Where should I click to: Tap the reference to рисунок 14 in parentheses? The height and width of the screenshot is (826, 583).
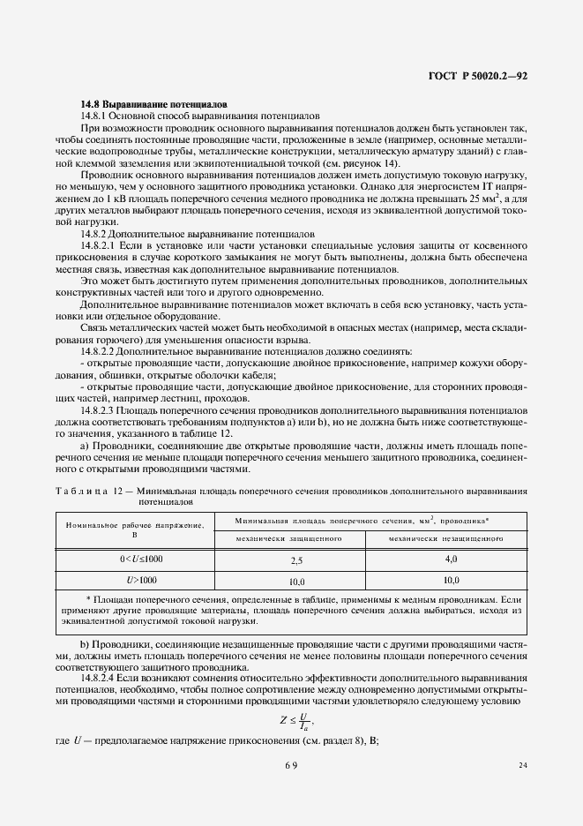(x=376, y=164)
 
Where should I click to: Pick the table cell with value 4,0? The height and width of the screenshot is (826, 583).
(x=451, y=559)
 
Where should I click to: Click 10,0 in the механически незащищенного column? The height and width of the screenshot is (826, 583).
(x=451, y=581)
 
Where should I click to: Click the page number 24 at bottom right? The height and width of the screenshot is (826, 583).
(x=523, y=765)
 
